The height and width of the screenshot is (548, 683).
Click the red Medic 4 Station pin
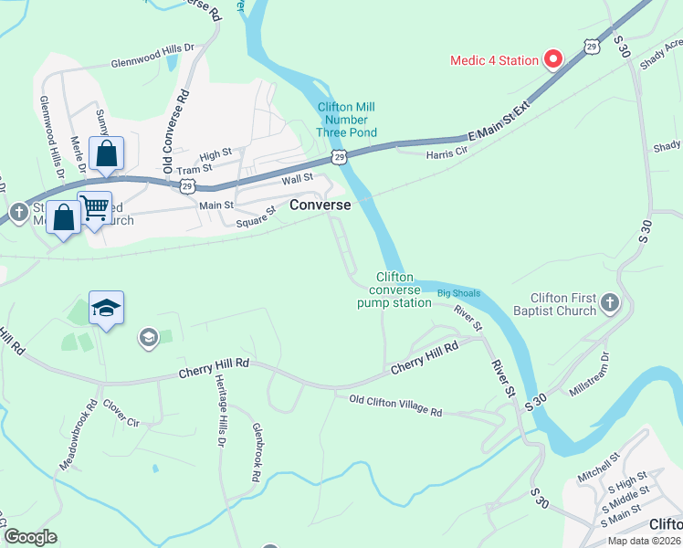(x=552, y=60)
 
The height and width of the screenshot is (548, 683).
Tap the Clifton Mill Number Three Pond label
(x=343, y=120)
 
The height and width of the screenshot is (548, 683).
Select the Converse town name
(x=320, y=205)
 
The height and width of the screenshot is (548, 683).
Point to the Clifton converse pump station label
(x=394, y=290)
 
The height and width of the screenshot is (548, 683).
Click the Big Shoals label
(x=457, y=293)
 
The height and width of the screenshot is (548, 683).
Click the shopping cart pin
(x=94, y=206)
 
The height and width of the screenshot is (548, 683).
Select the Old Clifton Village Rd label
(x=395, y=406)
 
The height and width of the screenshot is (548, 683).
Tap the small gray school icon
(x=147, y=339)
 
